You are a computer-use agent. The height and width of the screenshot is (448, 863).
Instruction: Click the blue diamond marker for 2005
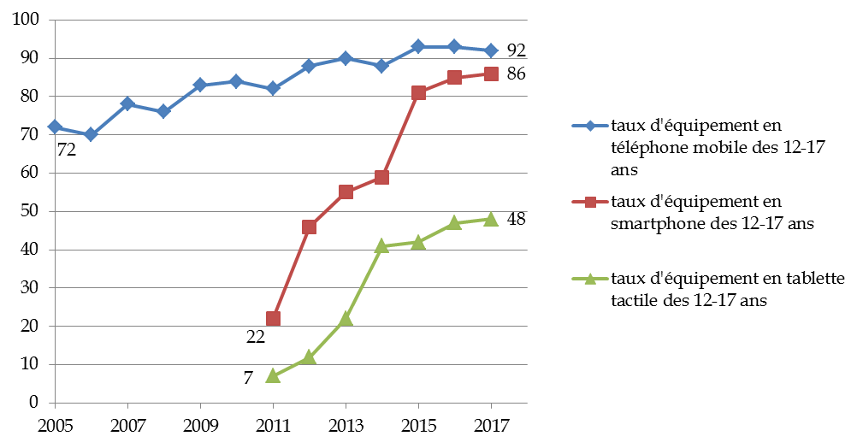pos(55,127)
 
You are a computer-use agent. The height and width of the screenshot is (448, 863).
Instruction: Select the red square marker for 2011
pos(273,318)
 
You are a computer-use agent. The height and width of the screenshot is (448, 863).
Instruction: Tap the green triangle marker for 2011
pos(273,375)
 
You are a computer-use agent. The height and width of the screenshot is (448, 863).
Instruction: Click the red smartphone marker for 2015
pos(418,92)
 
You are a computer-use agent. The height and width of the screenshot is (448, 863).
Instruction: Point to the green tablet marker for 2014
pos(381,245)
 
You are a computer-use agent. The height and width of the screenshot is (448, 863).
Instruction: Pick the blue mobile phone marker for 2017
pos(491,50)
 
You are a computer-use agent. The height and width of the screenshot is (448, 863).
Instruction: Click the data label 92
pos(515,50)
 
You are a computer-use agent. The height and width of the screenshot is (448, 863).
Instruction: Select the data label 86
pos(515,74)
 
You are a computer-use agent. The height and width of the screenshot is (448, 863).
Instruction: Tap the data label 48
pos(515,219)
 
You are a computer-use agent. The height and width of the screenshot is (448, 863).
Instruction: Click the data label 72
pos(67,150)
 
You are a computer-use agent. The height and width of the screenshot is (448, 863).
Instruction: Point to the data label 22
pos(255,337)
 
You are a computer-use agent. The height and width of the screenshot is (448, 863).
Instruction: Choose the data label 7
pos(248,377)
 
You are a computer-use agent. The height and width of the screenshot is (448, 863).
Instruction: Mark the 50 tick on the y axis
pos(32,211)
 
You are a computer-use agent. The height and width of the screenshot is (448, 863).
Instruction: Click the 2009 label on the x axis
pos(200,424)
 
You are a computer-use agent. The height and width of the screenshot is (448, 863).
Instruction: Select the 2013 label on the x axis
pos(346,424)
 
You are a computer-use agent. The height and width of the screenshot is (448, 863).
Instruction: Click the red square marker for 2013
pos(346,192)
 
